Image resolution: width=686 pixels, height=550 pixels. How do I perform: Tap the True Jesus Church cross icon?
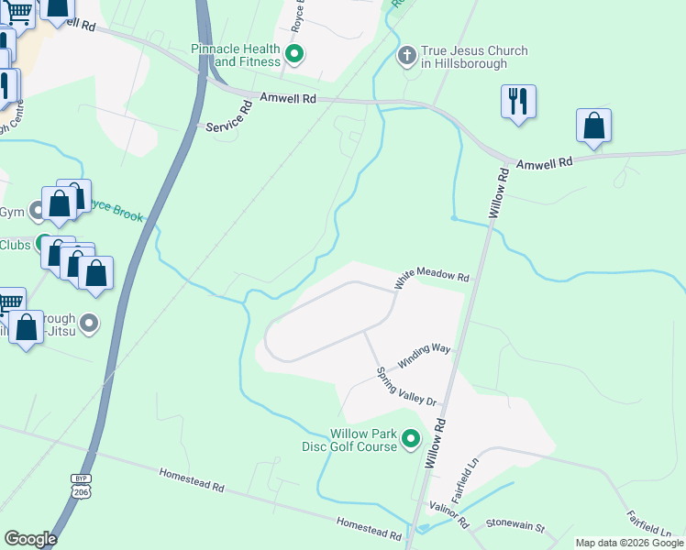point(407,57)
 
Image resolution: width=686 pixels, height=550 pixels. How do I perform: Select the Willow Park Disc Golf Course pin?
point(411,440)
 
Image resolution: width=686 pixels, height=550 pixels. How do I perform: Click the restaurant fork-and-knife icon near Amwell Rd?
point(518,103)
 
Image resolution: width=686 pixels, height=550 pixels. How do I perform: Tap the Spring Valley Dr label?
point(408,388)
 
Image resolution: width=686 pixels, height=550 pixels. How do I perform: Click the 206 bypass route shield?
point(81,486)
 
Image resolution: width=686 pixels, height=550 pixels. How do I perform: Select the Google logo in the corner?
point(30,539)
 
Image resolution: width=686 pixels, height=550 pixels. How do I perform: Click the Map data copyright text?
point(629,543)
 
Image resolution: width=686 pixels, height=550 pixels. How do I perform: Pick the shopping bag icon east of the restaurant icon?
point(593,127)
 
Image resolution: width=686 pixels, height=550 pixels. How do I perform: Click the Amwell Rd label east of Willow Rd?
point(544,161)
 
